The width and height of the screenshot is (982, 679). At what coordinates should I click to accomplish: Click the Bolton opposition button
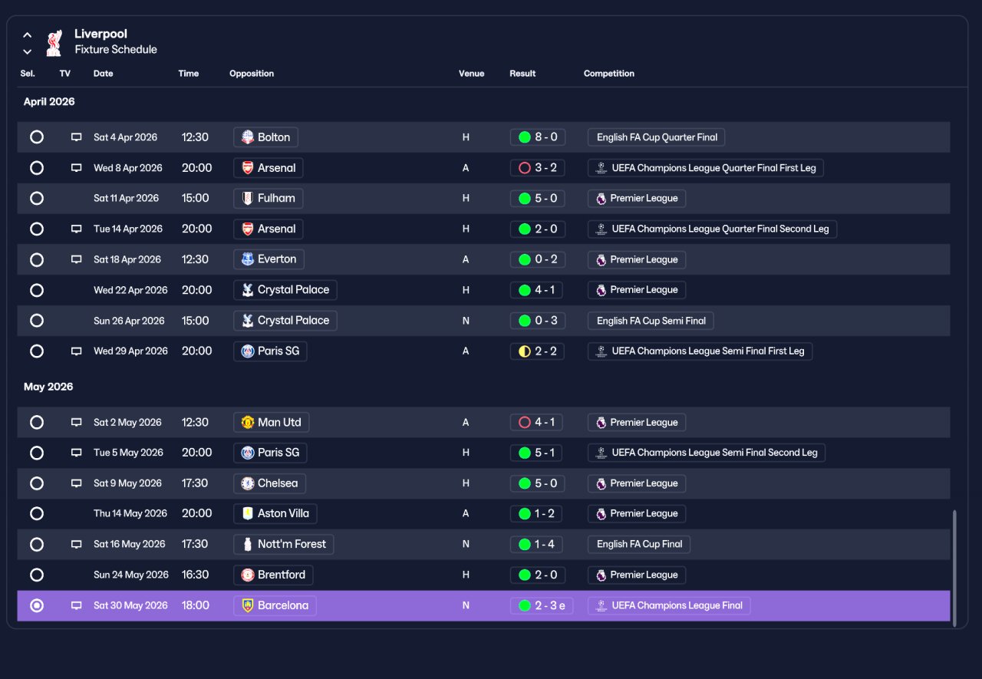pos(265,137)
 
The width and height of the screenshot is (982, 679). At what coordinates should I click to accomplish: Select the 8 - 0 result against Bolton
pos(538,137)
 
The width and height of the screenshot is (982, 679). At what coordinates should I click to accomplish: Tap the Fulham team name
pos(276,198)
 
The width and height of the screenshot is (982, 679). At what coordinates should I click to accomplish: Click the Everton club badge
pos(248,259)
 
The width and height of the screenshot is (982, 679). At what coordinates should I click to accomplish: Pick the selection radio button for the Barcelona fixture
pos(37,605)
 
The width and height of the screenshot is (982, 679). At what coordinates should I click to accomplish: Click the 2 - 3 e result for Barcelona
pos(542,606)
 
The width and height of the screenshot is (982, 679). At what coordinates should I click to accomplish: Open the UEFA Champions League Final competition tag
pos(669,606)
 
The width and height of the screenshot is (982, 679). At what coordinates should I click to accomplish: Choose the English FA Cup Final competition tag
pos(639,545)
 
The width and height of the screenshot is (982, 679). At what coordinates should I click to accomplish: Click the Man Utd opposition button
pos(272,422)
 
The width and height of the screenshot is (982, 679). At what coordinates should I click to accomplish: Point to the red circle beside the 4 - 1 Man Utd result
pos(524,423)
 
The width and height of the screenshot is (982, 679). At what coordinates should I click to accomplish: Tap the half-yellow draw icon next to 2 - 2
pos(524,351)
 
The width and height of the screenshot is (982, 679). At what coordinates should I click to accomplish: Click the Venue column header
pos(471,74)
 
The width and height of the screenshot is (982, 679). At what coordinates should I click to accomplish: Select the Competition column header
pos(608,74)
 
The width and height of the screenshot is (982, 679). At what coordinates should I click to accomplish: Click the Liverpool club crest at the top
pos(54,42)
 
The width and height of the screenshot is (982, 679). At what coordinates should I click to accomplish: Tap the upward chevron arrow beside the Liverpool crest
pos(27,35)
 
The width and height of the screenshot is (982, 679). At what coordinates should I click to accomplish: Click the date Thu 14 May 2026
pos(130,513)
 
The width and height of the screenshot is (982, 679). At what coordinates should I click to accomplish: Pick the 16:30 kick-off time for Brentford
pos(195,575)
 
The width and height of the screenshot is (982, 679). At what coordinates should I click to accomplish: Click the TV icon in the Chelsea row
pos(76,483)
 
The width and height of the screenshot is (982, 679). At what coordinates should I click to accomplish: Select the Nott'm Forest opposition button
pos(284,545)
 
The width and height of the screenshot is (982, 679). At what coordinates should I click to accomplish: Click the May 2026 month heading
pos(48,387)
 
